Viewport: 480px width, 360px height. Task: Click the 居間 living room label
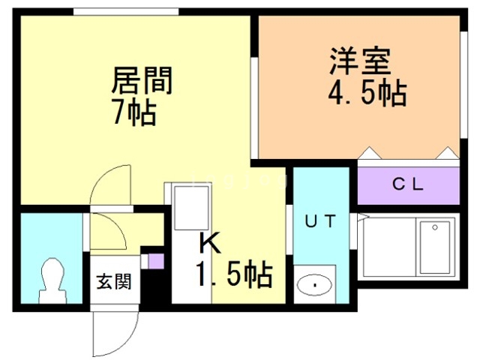pos(142,80)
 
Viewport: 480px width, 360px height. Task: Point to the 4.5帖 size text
pos(367,94)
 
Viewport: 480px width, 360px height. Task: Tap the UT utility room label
pos(318,221)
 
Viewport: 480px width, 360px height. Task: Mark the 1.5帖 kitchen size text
pos(234,276)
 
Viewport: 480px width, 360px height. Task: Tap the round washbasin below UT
pos(315,286)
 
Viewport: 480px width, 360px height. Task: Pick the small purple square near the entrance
pos(156,262)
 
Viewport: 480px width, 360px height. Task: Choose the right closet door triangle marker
pos(448,154)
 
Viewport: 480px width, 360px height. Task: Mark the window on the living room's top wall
pos(127,11)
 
